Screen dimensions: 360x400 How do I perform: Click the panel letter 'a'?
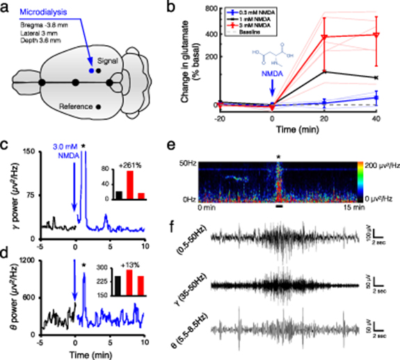(6, 6)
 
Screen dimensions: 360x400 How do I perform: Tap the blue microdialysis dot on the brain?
(92, 69)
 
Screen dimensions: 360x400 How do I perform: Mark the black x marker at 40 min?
(376, 77)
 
